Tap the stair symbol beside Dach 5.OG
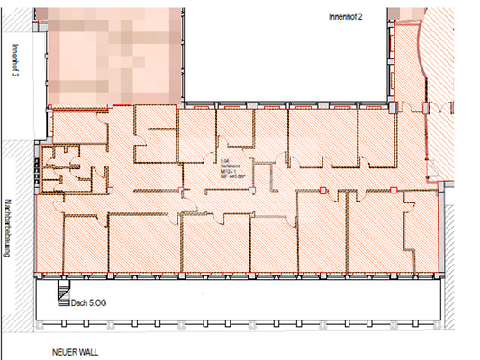tap(62, 292)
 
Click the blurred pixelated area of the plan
tap(113, 49)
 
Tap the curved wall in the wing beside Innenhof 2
tap(425, 67)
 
